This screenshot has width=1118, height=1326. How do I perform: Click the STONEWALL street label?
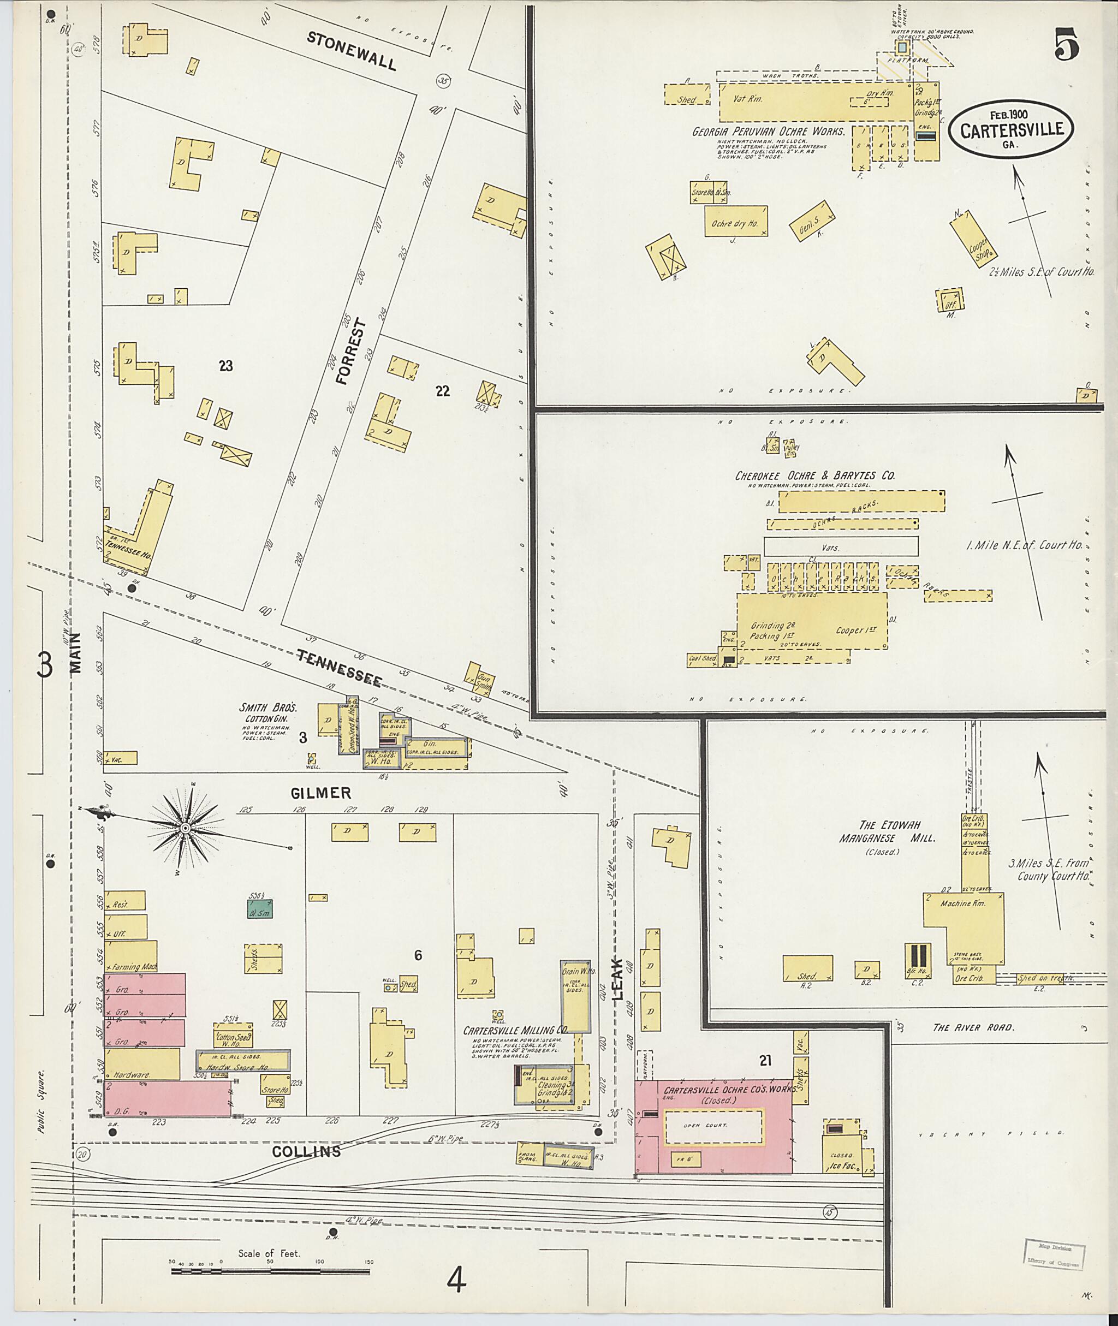tap(352, 51)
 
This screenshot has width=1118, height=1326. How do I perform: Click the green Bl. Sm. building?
tap(259, 909)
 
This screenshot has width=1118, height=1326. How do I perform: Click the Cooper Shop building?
tap(970, 237)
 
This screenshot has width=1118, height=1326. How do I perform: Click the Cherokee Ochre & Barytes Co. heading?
tap(815, 475)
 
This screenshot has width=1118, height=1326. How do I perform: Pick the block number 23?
tap(225, 366)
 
